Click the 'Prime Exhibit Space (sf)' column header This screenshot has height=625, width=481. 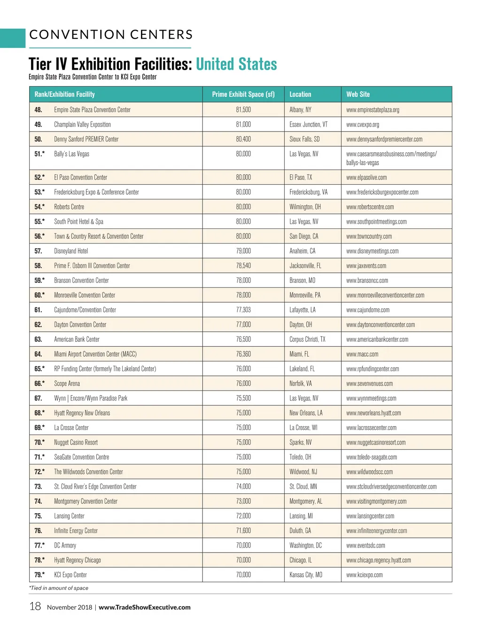[x=243, y=94]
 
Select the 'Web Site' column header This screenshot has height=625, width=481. [x=358, y=94]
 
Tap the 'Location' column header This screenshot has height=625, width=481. [x=300, y=94]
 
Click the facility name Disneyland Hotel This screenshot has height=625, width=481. [x=71, y=251]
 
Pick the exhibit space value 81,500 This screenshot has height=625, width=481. [x=243, y=109]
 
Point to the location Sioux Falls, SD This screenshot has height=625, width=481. [x=304, y=139]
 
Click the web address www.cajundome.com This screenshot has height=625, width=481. [x=368, y=310]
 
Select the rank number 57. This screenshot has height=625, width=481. [x=38, y=251]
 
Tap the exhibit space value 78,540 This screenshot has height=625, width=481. [x=243, y=266]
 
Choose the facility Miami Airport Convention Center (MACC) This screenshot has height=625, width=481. [x=95, y=354]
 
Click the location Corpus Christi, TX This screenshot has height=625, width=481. [x=307, y=339]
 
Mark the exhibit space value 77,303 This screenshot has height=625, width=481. [x=243, y=310]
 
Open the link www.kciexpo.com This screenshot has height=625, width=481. [x=365, y=575]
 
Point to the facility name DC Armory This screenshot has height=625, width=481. [x=65, y=545]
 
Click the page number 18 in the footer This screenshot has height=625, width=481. [x=35, y=607]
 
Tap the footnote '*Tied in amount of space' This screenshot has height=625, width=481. [x=59, y=588]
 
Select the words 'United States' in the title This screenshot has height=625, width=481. [x=236, y=64]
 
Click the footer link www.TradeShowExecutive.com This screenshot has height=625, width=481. [x=145, y=607]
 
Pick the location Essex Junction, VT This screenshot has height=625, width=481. [x=309, y=125]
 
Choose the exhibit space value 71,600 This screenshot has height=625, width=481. [x=243, y=531]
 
